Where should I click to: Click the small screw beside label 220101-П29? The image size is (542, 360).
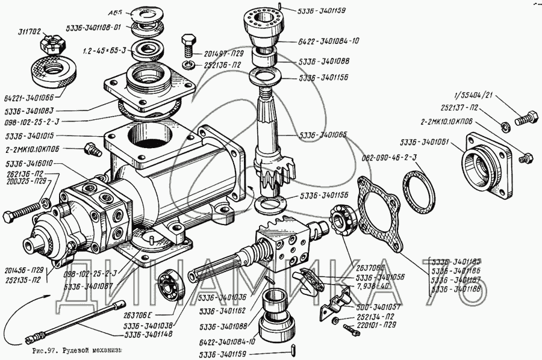[x=349, y=329]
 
